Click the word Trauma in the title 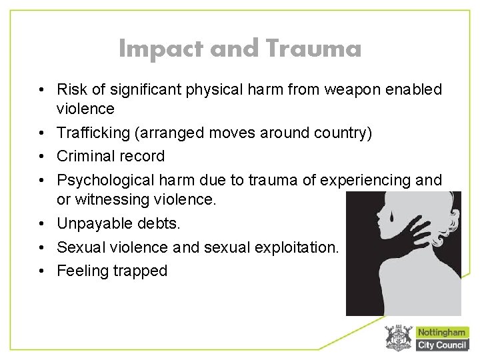pyautogui.click(x=313, y=48)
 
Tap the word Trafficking pyautogui.click(x=93, y=133)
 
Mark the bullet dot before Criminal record pyautogui.click(x=41, y=157)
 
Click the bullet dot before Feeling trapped pyautogui.click(x=41, y=271)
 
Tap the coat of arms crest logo pyautogui.click(x=399, y=338)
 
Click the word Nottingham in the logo pyautogui.click(x=442, y=332)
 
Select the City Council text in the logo pyautogui.click(x=442, y=345)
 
